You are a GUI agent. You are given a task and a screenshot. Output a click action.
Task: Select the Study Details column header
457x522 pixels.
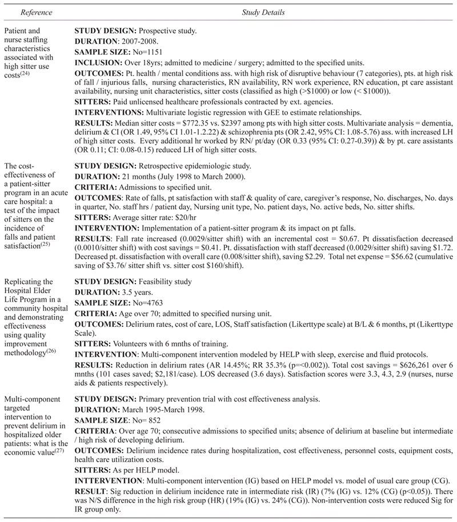264,11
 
